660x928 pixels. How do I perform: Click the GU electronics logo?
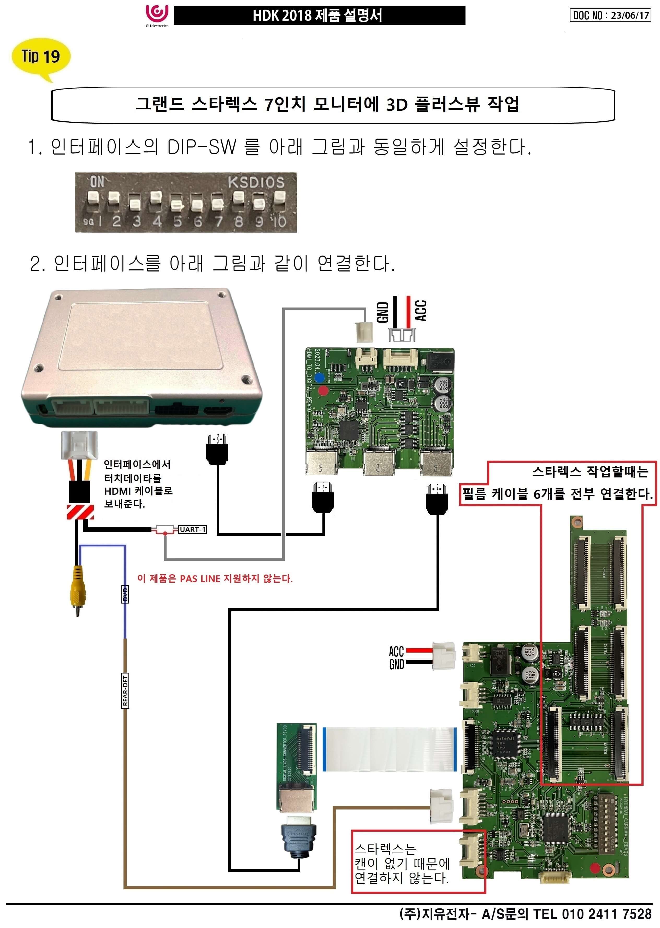[157, 15]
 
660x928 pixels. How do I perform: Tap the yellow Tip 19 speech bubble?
[41, 57]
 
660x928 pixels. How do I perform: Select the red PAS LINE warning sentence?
[215, 578]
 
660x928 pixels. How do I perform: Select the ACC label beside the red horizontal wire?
[396, 651]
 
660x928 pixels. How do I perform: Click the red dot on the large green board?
[594, 868]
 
